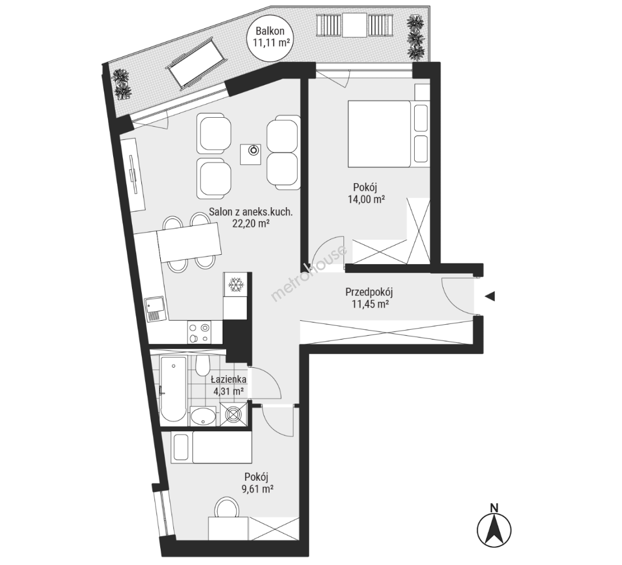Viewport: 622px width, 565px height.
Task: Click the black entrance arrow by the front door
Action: (490, 296)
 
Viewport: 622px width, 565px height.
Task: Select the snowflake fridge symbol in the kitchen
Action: (236, 284)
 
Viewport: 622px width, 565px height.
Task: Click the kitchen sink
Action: (155, 309)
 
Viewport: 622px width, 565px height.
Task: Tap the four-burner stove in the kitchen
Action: (199, 333)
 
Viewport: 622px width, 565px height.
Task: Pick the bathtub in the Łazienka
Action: (173, 390)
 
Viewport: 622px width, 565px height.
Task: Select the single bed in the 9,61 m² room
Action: (212, 447)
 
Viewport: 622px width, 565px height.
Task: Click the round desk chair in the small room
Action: (227, 508)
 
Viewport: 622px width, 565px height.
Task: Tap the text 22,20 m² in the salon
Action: (251, 223)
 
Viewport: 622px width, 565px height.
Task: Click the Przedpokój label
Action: (369, 293)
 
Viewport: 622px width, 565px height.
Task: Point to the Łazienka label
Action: (228, 379)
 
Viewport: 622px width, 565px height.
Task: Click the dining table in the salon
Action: (189, 242)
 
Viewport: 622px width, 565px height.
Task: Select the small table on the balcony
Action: (354, 26)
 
